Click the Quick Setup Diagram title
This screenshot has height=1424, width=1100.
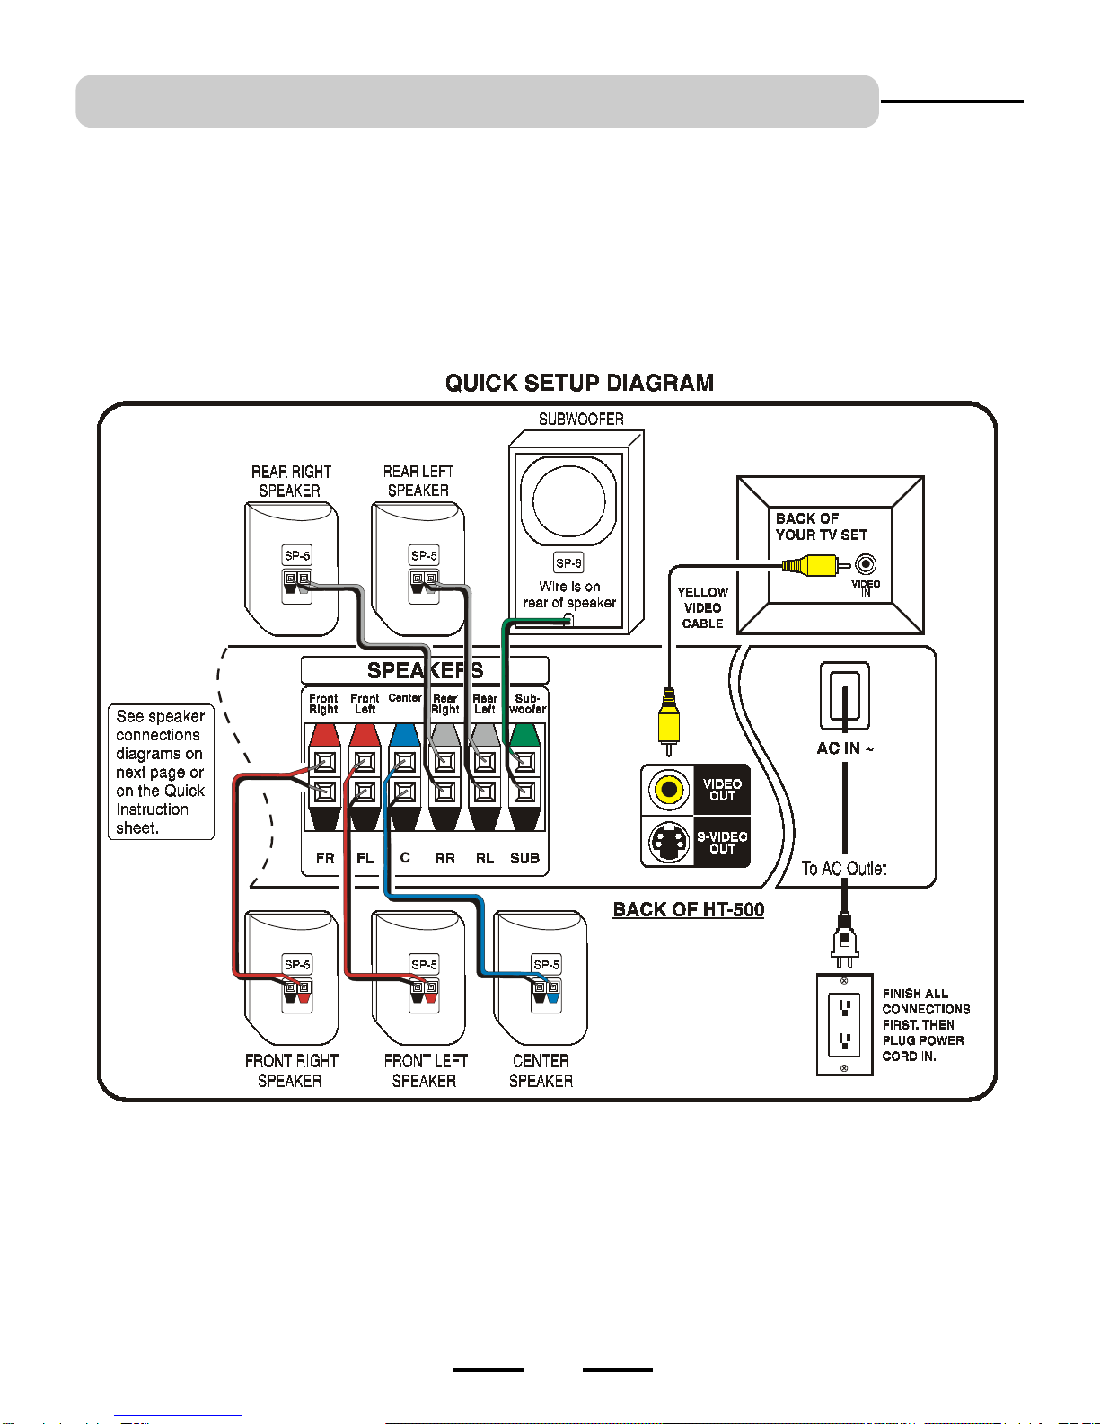pos(579,383)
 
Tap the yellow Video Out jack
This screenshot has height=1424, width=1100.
pos(668,789)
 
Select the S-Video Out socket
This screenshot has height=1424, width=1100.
pos(668,842)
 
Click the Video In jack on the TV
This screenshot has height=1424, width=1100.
pos(866,564)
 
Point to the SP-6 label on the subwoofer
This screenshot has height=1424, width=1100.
pos(568,563)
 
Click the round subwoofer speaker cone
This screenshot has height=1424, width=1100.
pos(568,501)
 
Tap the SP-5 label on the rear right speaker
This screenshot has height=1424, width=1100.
pos(297,556)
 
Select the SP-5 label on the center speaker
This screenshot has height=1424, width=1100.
pos(546,965)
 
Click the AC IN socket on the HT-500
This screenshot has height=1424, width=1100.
pos(845,696)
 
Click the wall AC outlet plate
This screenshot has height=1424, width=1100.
pos(845,1024)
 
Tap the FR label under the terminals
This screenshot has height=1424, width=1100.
pos(325,858)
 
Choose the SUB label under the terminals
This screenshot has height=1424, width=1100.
pos(524,858)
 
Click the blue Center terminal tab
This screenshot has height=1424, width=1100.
pos(404,735)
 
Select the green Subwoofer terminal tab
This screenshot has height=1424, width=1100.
pos(524,735)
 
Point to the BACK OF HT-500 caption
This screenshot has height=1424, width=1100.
pos(688,909)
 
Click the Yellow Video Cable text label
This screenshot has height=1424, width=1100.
pos(702,608)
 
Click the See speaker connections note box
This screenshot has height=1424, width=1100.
pos(161,772)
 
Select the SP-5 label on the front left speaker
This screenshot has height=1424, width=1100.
pos(424,965)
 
